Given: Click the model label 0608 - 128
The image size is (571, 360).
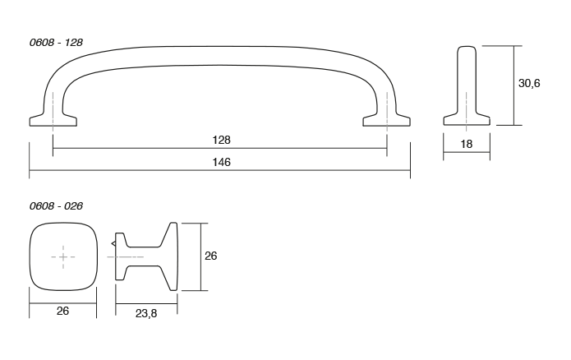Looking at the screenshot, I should point(56,39).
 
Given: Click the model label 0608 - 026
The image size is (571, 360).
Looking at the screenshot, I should point(56,205).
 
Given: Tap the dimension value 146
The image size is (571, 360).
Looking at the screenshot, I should point(219,163).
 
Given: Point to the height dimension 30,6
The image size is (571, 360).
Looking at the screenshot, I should point(529,85).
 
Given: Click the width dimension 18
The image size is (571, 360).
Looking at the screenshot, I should point(467,145).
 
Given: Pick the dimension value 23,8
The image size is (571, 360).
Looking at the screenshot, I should point(145,314).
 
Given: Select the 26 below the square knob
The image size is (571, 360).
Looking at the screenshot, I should point(63,311).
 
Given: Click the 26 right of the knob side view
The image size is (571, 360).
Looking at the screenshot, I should point(210,256).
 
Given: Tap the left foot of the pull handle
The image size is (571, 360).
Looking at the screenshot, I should point(53,121).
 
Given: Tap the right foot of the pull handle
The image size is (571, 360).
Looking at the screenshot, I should point(387,121).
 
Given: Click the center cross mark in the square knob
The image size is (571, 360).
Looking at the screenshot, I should point(63,257).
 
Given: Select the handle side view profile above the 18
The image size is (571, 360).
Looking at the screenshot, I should point(467,86).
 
